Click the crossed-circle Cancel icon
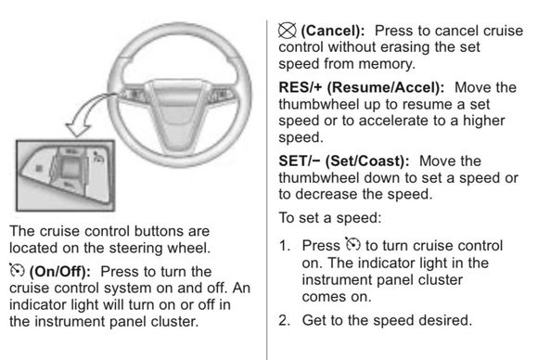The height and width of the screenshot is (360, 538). (287, 31)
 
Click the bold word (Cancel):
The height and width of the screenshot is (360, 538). (333, 32)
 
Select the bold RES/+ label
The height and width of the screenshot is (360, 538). (301, 87)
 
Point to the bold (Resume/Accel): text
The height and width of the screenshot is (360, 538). (386, 88)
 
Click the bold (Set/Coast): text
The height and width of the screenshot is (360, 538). (367, 161)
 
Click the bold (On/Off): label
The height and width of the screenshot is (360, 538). (60, 272)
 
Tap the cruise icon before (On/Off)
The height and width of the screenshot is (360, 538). (17, 270)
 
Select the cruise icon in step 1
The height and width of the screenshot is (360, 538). (352, 244)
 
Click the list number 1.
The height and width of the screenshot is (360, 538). (285, 246)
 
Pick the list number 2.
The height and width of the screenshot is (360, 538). (285, 320)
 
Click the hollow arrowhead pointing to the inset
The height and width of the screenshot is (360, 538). (78, 129)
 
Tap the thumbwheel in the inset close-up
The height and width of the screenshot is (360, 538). (70, 168)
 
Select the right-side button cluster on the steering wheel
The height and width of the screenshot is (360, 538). (222, 96)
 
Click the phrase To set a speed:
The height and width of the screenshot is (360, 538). (329, 218)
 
